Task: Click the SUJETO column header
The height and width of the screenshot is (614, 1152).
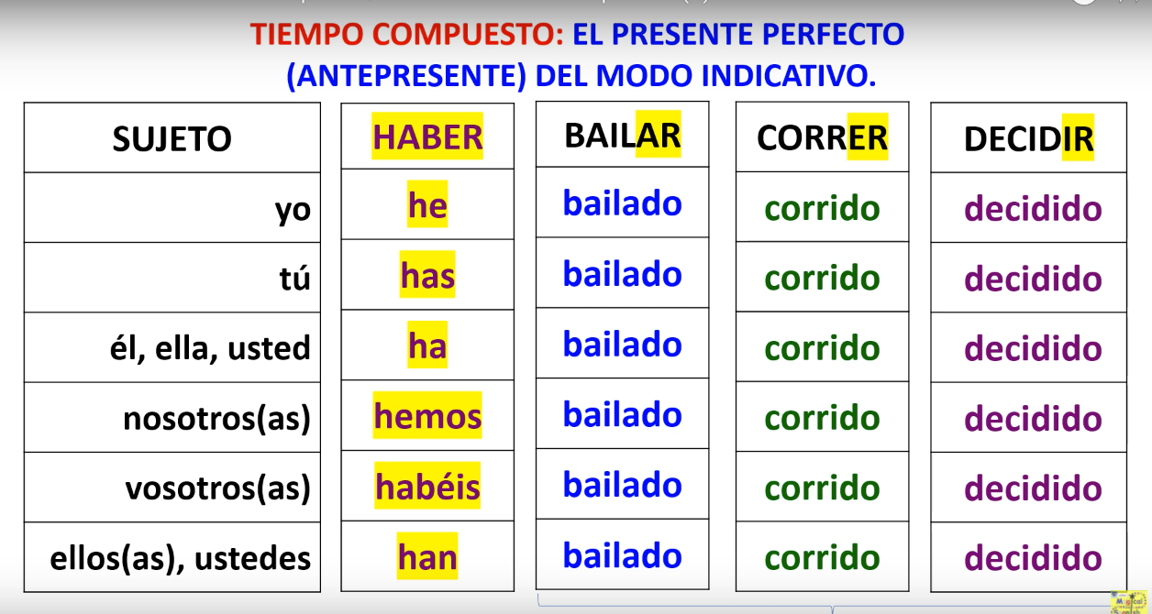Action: (172, 138)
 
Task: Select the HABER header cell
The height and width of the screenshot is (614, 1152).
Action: (427, 137)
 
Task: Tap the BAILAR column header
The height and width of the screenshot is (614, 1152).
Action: (623, 136)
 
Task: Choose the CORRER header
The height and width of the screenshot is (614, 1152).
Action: (822, 138)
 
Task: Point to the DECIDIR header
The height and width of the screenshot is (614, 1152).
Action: (1028, 139)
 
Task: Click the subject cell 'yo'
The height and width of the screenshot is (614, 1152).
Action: (293, 210)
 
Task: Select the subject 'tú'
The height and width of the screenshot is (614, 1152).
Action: (293, 278)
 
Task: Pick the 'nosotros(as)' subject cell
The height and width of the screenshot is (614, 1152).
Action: (217, 419)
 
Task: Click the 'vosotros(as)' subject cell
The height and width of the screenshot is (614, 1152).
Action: (218, 488)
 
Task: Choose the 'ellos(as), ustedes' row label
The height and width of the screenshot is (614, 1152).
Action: (180, 558)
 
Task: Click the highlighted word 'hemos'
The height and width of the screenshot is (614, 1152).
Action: (427, 417)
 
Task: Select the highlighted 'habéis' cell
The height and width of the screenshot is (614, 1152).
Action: (427, 487)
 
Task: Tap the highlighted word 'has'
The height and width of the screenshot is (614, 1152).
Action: (427, 276)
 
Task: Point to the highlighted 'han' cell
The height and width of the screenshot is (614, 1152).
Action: (427, 557)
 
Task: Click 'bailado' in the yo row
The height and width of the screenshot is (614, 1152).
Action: (623, 203)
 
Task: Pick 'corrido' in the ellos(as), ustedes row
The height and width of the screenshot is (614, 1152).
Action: (822, 557)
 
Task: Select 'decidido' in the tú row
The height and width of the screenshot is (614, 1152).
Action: (1033, 279)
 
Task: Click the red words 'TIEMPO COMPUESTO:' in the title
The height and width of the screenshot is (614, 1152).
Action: (408, 34)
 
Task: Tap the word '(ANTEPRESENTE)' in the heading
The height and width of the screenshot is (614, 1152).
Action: (406, 75)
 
